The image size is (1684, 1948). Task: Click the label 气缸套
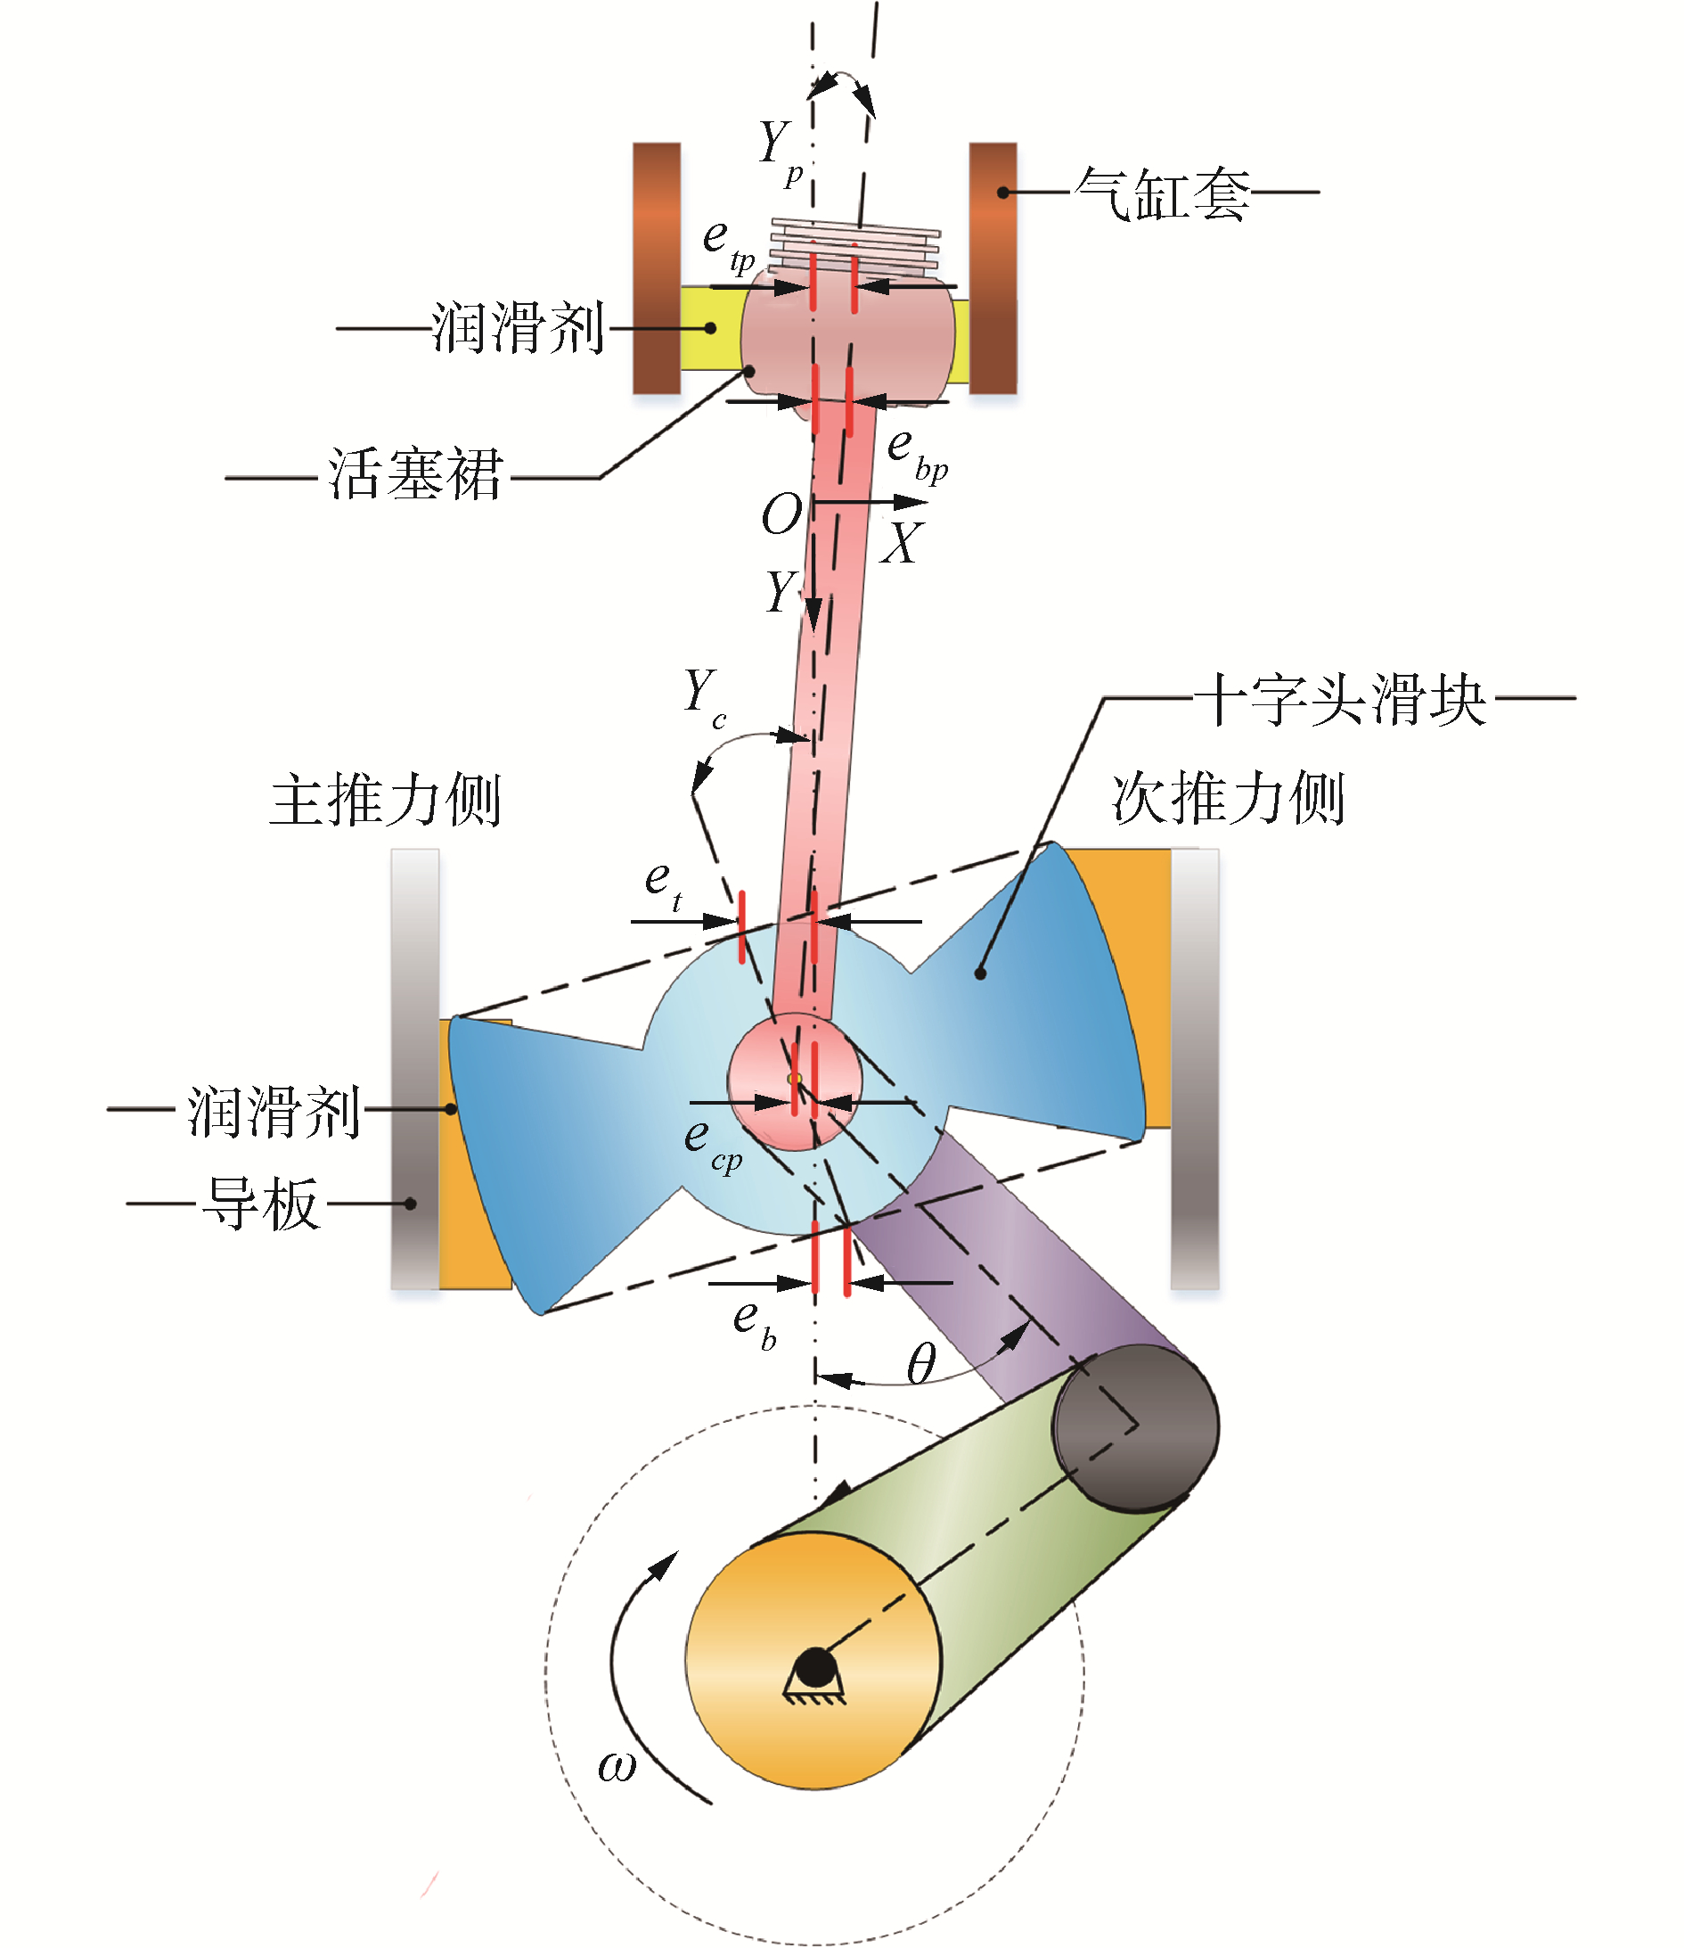[1162, 194]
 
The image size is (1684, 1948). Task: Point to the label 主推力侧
[385, 800]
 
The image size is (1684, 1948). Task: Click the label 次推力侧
[1228, 799]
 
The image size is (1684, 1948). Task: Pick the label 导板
[260, 1204]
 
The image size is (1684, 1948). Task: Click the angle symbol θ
[921, 1364]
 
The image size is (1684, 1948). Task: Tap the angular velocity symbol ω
[617, 1769]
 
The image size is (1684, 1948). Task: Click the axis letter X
[902, 544]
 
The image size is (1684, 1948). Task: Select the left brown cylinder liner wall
[656, 268]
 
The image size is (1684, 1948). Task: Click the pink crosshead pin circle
[795, 1081]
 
